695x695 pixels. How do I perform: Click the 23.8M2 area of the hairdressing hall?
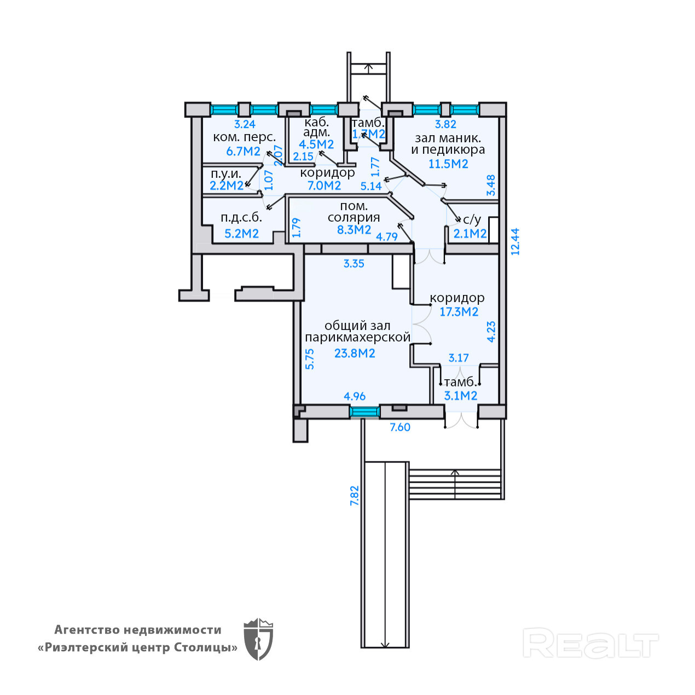click(355, 354)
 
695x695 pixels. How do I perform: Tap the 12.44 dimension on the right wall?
click(515, 241)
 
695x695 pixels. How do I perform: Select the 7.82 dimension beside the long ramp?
click(355, 496)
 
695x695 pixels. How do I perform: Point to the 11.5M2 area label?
click(448, 164)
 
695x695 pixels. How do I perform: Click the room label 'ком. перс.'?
click(244, 137)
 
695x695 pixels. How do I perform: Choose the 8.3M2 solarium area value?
click(354, 230)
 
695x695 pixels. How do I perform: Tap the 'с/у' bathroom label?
click(472, 220)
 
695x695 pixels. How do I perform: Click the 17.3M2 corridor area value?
click(459, 312)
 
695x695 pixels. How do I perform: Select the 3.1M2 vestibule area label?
click(460, 396)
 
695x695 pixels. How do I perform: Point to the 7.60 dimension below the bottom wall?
click(400, 427)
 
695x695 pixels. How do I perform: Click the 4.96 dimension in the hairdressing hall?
click(355, 396)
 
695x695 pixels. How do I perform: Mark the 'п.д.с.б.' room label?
click(241, 217)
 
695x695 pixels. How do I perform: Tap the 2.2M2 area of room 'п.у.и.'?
click(227, 186)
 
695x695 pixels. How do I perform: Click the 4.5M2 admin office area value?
click(316, 144)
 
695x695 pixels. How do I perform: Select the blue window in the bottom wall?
click(364, 412)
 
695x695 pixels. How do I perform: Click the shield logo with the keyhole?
click(258, 639)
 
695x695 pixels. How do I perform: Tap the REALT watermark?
click(590, 644)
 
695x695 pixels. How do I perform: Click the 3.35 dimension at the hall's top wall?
click(354, 264)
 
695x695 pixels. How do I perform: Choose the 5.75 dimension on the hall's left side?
click(310, 359)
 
